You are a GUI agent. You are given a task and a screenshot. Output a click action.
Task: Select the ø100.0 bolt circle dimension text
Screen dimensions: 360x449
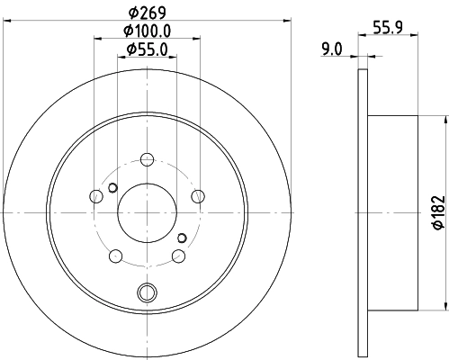pos(148,31)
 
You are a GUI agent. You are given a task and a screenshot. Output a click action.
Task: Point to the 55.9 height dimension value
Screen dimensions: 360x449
pos(386,28)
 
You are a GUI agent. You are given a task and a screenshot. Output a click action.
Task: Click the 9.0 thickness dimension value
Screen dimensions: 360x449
pos(333,50)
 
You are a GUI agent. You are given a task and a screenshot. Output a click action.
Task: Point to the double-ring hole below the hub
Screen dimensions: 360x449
pos(147,291)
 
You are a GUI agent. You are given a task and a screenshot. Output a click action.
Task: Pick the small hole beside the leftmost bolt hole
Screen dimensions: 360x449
pos(112,188)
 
